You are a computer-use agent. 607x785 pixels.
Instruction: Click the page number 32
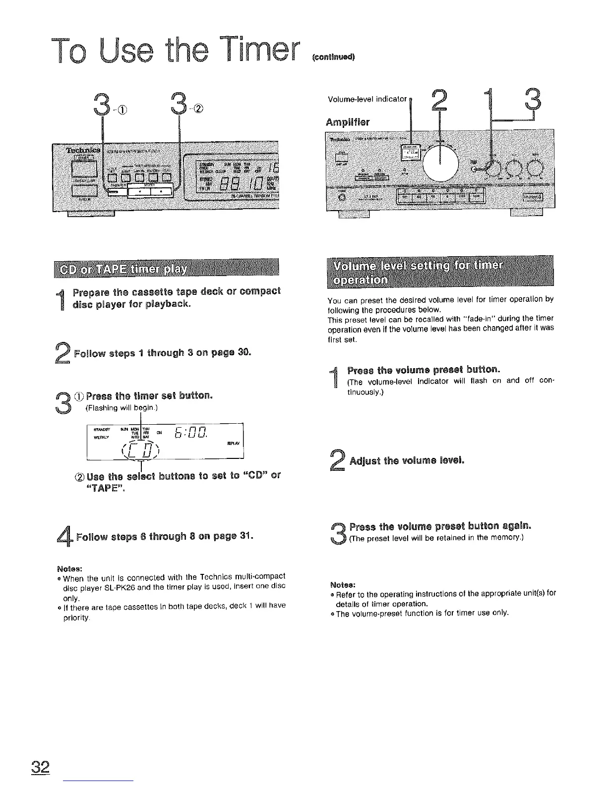point(41,768)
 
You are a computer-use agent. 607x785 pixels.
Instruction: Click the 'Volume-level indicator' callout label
point(367,98)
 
